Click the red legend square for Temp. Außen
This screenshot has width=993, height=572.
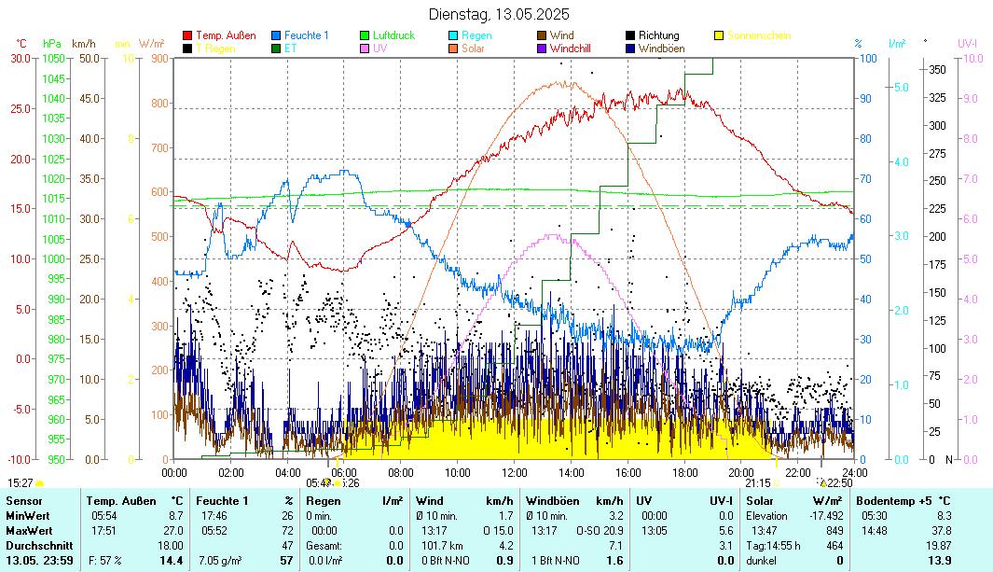pos(187,35)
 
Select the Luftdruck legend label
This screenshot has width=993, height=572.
pos(393,35)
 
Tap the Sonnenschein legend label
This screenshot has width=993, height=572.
pos(759,35)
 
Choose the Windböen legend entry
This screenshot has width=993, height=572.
pos(661,48)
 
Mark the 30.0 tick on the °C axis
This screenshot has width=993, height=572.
pos(21,58)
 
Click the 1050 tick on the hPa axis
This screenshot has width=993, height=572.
pos(53,58)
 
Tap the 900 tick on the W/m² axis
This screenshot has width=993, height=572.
pos(158,58)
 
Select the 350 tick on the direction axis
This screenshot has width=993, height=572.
pos(937,69)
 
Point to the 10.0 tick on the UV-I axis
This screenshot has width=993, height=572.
pos(972,58)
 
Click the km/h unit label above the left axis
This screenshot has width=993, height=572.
pos(84,43)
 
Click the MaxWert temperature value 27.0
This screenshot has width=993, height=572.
pos(173,530)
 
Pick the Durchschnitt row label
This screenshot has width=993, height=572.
pos(35,545)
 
